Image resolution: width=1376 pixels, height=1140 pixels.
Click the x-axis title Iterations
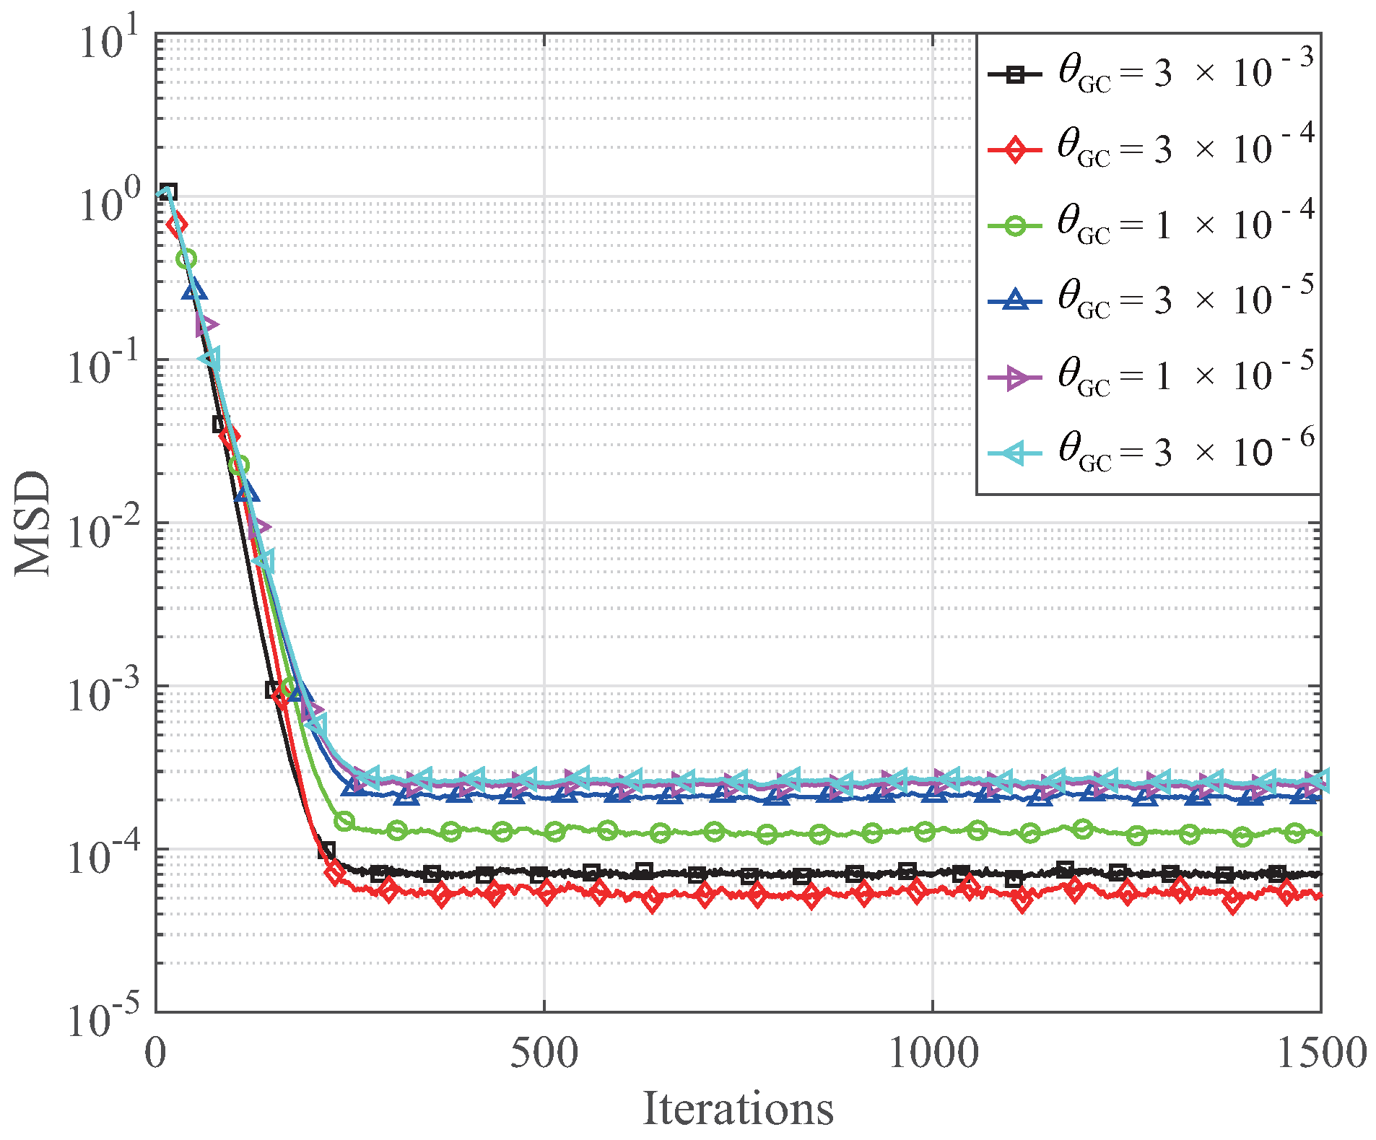coord(738,1109)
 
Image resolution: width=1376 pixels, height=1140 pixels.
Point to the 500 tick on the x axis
coord(544,1053)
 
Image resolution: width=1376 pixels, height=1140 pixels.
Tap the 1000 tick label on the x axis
coord(932,1053)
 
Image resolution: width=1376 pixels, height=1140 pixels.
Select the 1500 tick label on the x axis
coord(1320,1053)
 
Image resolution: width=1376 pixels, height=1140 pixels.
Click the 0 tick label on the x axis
coord(155,1053)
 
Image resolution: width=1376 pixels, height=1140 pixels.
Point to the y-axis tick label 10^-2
coord(101,531)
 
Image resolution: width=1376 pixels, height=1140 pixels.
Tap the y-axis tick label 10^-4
coord(101,856)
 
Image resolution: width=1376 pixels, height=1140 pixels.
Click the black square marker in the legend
coord(1015,74)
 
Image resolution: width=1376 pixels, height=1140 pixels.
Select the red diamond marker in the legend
coord(1015,150)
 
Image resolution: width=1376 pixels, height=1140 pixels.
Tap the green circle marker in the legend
coord(1015,226)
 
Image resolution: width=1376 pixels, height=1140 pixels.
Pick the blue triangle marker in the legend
coord(1015,300)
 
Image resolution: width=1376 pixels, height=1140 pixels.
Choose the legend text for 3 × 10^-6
coord(1184,453)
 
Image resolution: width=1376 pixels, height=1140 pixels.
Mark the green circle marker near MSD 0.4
coord(186,259)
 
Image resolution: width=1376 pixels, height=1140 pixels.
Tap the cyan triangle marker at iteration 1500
coord(1318,780)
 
